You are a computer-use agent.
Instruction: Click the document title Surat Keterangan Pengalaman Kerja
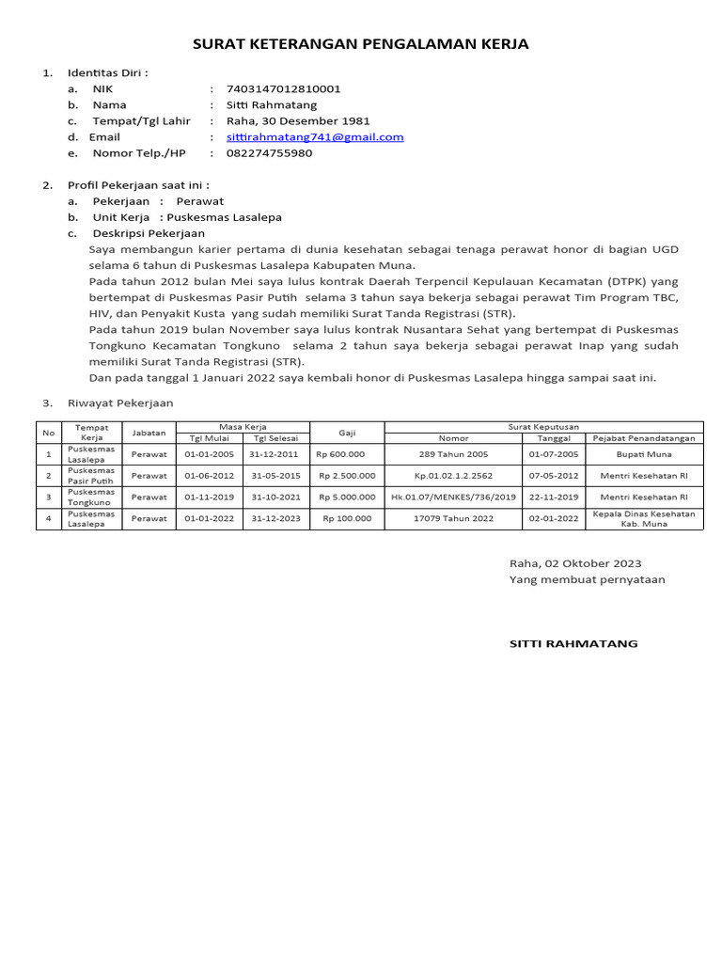[x=361, y=43]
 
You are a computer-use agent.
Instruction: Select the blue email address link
[x=315, y=136]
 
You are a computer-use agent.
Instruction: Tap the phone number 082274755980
[x=269, y=152]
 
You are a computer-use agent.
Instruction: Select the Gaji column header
[x=347, y=433]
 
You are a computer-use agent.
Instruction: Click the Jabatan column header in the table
[x=149, y=433]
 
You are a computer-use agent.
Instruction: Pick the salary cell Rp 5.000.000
[x=347, y=497]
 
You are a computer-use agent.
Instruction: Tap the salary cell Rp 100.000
[x=347, y=518]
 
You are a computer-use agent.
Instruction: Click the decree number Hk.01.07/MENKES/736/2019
[x=453, y=497]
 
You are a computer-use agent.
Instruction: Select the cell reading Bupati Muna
[x=644, y=454]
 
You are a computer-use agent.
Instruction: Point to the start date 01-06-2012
[x=209, y=476]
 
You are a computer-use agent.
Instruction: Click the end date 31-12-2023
[x=274, y=518]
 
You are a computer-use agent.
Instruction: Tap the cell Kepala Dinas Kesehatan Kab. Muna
[x=644, y=518]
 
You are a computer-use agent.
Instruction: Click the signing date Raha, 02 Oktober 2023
[x=575, y=563]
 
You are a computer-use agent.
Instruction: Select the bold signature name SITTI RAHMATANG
[x=573, y=643]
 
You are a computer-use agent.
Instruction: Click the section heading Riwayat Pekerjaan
[x=119, y=403]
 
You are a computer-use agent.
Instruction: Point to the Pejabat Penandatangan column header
[x=644, y=438]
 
